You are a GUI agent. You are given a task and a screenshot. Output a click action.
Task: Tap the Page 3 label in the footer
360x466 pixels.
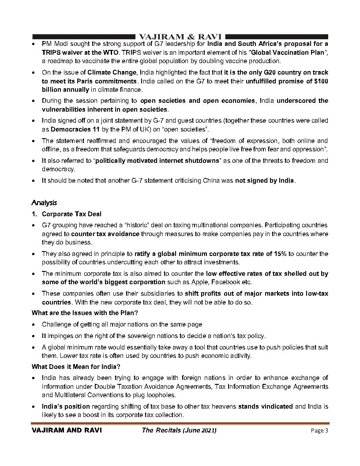tap(319, 430)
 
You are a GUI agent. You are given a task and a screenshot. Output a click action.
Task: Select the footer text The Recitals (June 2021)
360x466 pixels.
tap(179, 430)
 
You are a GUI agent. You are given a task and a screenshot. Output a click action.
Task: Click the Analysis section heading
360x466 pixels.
tap(44, 203)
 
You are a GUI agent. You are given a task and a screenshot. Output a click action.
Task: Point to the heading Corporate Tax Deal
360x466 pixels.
tap(71, 214)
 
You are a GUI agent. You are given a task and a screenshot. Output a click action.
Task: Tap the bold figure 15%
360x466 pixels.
tap(279, 254)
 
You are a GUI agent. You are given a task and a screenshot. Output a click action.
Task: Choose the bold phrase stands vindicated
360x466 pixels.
tap(266, 406)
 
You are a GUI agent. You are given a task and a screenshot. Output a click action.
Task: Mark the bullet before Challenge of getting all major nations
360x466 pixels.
tap(34, 324)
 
